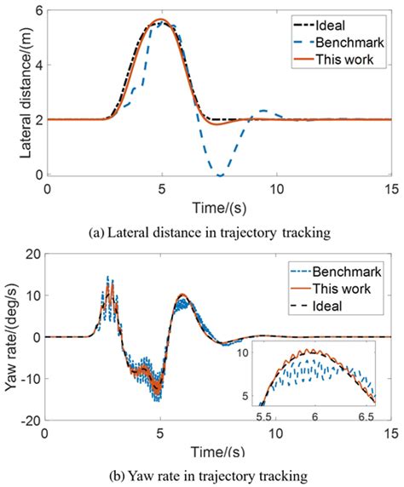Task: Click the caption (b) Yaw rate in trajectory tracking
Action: tap(202, 474)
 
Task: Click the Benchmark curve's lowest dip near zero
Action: tap(220, 175)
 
